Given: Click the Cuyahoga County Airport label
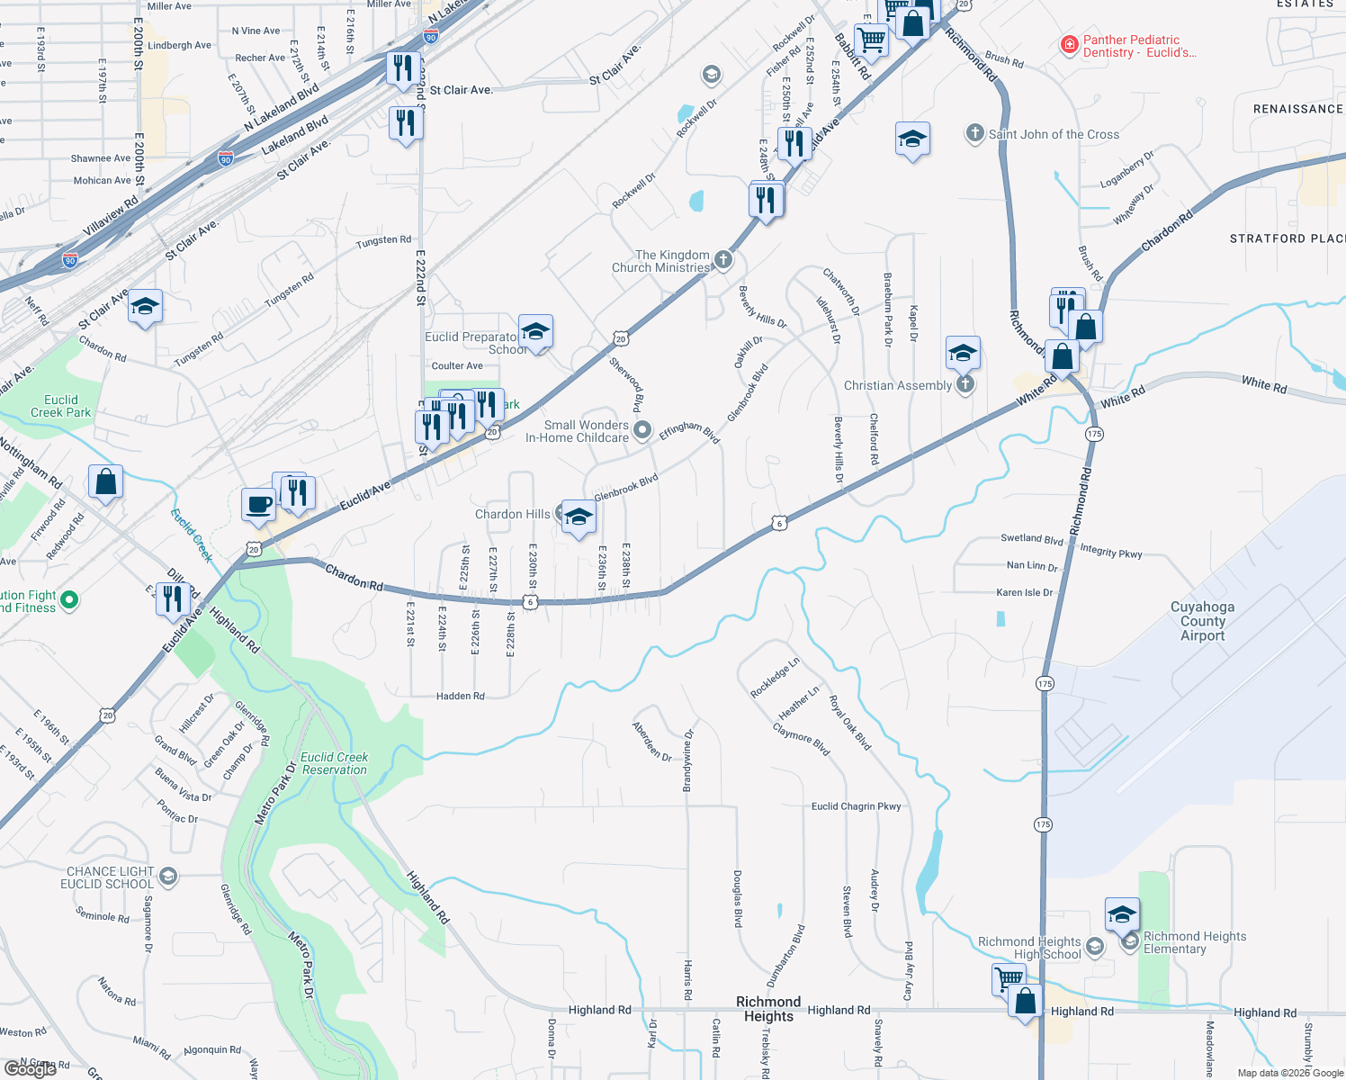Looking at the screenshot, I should point(1202,621).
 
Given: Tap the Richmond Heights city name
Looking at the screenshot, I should point(768,1009).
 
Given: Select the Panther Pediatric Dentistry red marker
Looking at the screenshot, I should point(1069,45).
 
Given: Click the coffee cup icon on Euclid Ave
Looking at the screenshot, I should point(258,504).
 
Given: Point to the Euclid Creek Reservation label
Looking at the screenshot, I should point(335,763).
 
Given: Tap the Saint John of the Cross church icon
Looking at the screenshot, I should point(974,134).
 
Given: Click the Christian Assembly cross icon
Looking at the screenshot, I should point(965,385).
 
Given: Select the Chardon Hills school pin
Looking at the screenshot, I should point(579,517).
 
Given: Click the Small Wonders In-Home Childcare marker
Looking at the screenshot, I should point(642,431).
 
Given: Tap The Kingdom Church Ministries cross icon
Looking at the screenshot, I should point(722,261).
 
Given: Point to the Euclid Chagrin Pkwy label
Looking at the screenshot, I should point(856,806).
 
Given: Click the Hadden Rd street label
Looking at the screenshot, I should point(460,696).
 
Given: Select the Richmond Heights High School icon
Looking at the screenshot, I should point(1094,946).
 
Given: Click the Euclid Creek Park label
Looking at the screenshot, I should point(61,406).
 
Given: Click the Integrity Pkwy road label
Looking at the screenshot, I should point(1111,552).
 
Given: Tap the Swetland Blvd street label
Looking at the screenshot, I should point(1032,538).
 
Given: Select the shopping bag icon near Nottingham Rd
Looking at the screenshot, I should point(105,481).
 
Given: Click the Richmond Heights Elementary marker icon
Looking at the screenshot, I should point(1130,941).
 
